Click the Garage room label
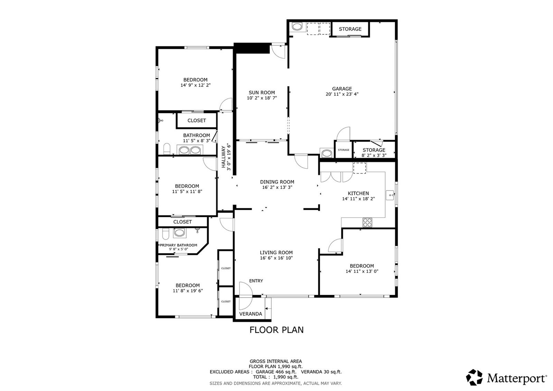click(342, 89)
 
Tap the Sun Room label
click(262, 93)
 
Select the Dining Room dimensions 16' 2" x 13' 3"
click(277, 187)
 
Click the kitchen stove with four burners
click(367, 222)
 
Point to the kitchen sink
click(390, 195)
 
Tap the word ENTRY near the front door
click(256, 281)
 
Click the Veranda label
click(251, 314)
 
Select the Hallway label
click(223, 157)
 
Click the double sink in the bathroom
click(190, 150)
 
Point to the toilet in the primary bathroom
click(166, 234)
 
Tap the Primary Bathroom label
click(178, 245)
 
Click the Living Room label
click(276, 253)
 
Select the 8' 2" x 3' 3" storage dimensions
click(374, 155)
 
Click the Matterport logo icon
click(474, 378)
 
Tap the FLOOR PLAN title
click(276, 330)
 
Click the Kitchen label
click(358, 193)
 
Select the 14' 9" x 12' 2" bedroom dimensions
click(196, 85)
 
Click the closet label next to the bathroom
click(197, 121)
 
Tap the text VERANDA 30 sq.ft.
click(321, 372)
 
